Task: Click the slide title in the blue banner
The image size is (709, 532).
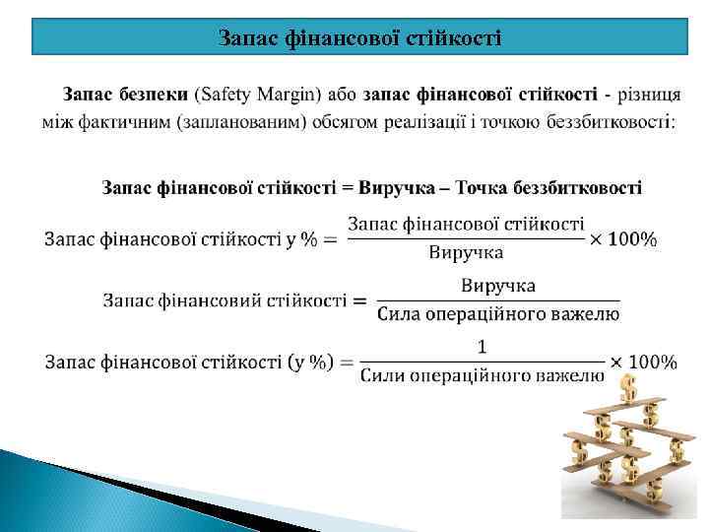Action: pos(359,38)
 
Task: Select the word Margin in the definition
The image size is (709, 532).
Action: pos(292,95)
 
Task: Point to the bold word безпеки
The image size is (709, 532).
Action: pos(156,95)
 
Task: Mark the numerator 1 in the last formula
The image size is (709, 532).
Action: pos(482,346)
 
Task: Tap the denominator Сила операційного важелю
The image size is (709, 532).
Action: pos(498,315)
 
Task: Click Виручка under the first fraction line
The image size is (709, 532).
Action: pos(466,252)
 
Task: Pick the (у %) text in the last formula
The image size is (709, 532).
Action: pos(309,362)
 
